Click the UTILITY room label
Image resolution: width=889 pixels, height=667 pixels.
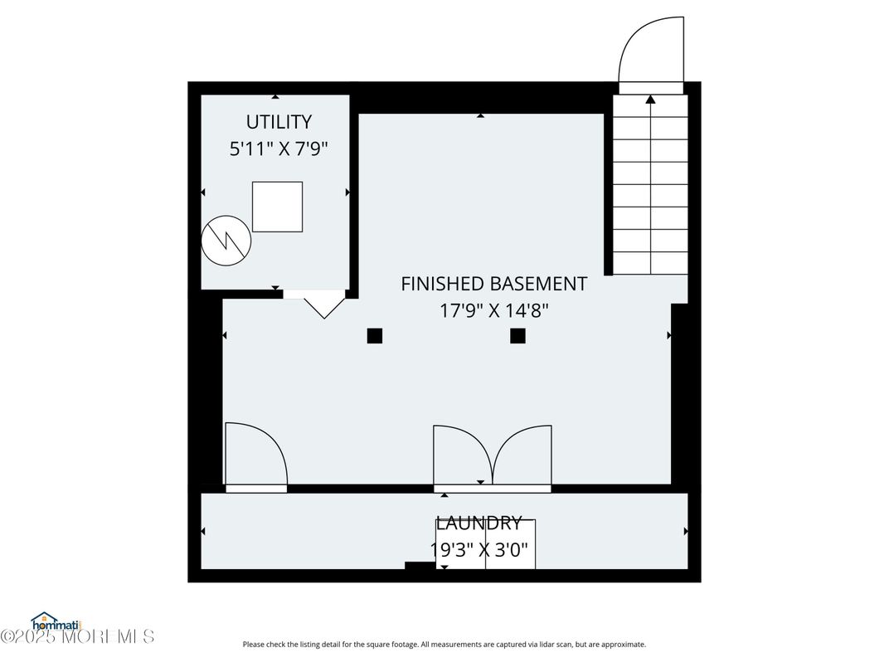(279, 122)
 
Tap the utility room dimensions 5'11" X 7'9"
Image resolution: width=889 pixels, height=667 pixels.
(279, 149)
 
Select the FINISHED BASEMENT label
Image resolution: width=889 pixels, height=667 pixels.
(493, 284)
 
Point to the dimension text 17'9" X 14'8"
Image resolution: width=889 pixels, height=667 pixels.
(494, 311)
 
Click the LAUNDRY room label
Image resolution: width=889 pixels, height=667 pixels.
(479, 523)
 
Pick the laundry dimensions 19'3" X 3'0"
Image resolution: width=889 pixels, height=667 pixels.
(479, 549)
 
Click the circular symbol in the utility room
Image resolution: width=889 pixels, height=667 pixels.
(226, 241)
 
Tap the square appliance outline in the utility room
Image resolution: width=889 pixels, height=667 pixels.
(277, 207)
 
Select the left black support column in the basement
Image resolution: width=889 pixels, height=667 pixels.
(375, 336)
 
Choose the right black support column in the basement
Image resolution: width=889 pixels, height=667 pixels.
(517, 336)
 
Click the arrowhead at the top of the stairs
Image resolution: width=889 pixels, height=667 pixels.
(650, 100)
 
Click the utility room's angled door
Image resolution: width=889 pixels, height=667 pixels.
(324, 305)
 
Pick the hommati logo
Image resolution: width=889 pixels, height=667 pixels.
(55, 622)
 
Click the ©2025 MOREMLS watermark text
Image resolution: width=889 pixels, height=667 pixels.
(77, 636)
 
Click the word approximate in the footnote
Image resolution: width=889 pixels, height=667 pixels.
(623, 645)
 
